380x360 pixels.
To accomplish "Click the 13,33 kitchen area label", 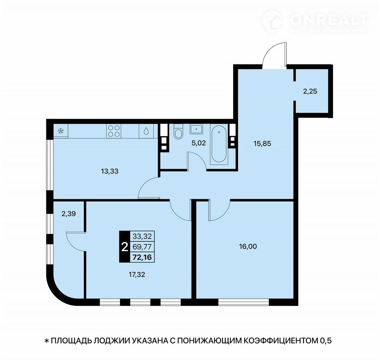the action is tap(110, 171).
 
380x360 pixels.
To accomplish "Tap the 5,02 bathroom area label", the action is tap(199, 143).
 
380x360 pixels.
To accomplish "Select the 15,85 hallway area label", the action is tap(262, 144).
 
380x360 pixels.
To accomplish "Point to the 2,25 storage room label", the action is tap(310, 91).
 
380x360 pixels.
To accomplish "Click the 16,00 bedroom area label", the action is tap(248, 246).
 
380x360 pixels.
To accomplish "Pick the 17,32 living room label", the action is tap(137, 275).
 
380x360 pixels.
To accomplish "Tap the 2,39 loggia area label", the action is tap(68, 214).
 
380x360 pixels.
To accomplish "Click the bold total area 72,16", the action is tap(142, 257).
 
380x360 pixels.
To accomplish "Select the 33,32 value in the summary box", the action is tap(142, 236).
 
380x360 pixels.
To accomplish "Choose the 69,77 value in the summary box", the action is tap(142, 246).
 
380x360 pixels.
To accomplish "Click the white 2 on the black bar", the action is tap(125, 247).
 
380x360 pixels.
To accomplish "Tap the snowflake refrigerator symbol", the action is tap(61, 131).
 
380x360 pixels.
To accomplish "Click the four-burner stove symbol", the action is tap(114, 131).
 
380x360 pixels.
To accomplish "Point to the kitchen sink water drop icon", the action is tap(146, 131).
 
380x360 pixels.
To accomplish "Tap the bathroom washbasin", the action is tap(196, 129).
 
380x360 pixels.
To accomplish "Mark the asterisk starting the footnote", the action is tap(47, 341).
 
